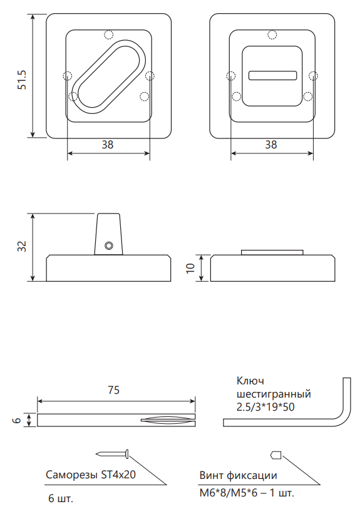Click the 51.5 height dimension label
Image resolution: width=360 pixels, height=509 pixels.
[23, 80]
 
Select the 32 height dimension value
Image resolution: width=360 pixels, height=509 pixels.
[23, 247]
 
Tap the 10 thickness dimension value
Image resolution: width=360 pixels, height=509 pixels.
[190, 268]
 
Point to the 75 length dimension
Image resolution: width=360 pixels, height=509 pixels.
[113, 390]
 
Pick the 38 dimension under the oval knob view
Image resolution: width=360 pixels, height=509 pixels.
[108, 145]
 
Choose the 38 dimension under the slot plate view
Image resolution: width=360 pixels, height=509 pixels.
[271, 145]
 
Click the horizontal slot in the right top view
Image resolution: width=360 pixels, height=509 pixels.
[273, 76]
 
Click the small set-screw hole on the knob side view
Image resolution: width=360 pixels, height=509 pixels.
[109, 246]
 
